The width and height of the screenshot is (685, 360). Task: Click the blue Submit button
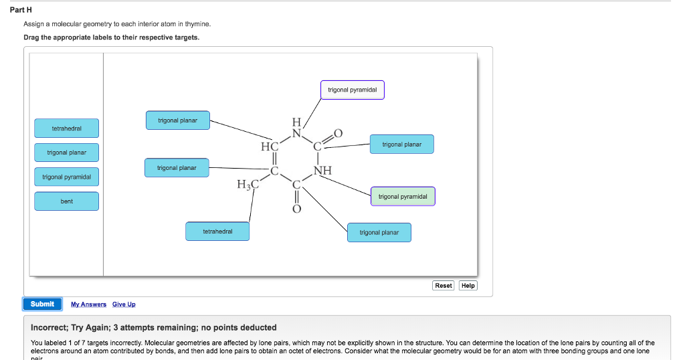pos(42,304)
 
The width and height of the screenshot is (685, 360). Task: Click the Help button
pos(468,285)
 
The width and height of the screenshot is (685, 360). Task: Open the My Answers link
pos(88,304)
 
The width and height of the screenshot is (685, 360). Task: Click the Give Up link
pos(124,304)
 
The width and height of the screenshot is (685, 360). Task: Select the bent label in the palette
pos(67,201)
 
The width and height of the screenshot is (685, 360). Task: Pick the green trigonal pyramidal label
pos(403,197)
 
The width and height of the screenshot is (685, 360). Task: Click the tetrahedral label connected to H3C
pos(217,232)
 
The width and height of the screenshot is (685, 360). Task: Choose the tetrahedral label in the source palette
pos(67,128)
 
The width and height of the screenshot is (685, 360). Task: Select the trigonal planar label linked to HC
pos(177,120)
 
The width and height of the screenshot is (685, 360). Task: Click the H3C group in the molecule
pos(246,185)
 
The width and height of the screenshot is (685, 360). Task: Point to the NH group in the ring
pos(322,171)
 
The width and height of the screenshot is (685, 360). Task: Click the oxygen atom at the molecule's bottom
pos(297,209)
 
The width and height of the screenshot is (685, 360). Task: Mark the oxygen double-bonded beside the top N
pos(337,132)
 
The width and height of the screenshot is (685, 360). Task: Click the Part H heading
pos(25,10)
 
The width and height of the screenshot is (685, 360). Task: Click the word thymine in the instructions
pos(198,23)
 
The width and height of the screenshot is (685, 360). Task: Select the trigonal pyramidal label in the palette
pos(67,177)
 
